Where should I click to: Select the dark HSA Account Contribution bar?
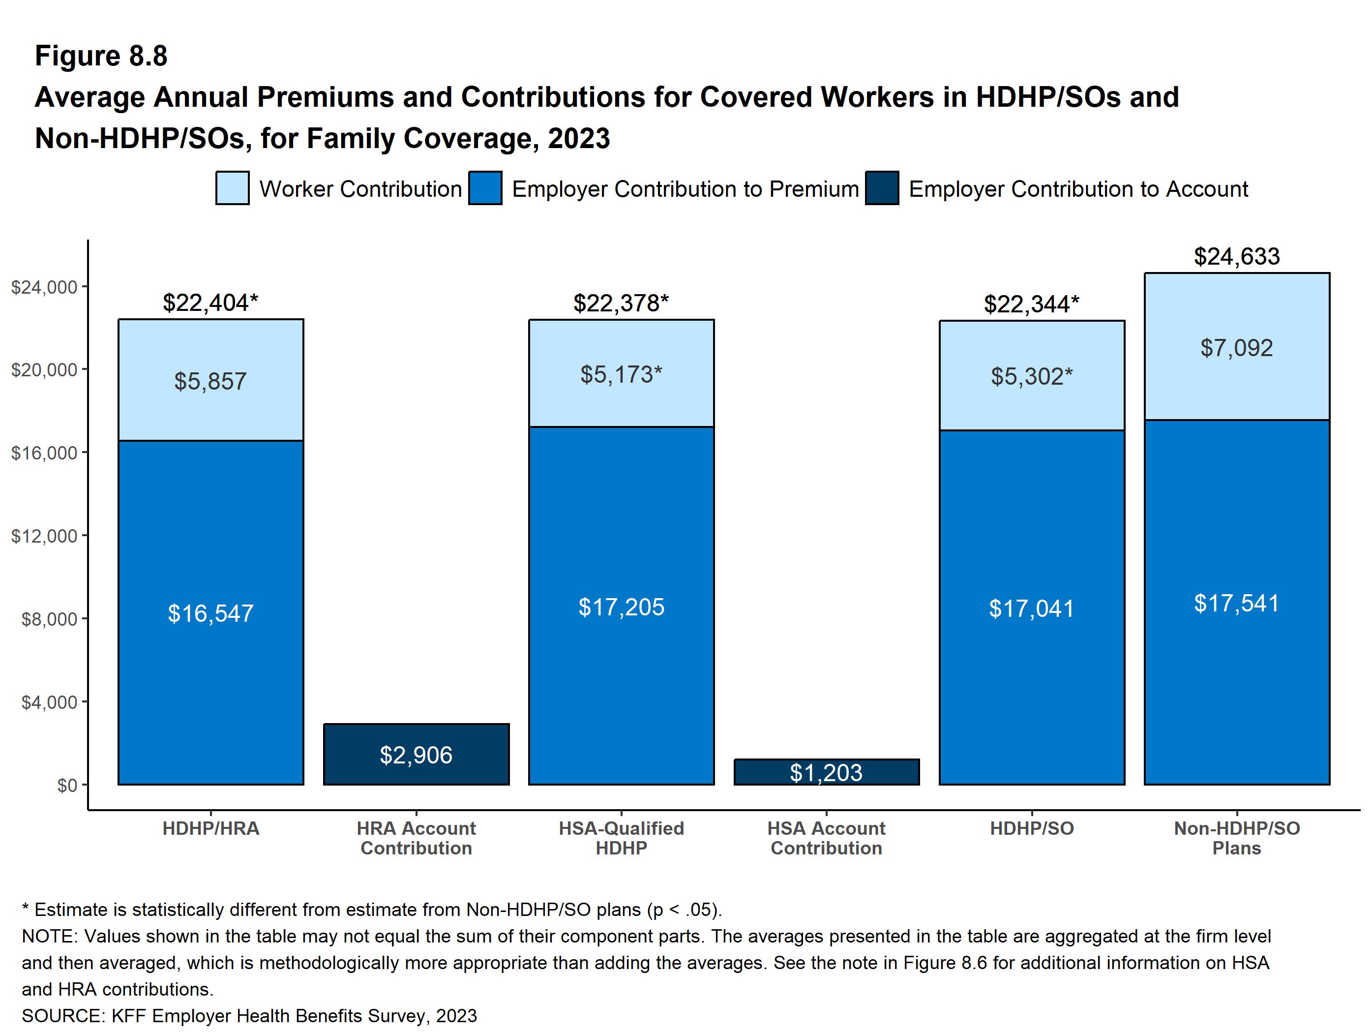[x=826, y=772]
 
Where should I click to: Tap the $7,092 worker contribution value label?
[x=1236, y=348]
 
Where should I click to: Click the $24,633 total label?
[x=1236, y=256]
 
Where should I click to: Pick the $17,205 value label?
[x=621, y=607]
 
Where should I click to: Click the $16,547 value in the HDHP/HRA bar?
[x=210, y=613]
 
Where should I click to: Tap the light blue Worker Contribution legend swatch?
[x=233, y=188]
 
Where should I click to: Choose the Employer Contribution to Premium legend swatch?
[x=485, y=188]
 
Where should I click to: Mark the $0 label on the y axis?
[x=66, y=786]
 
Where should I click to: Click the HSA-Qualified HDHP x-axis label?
[x=621, y=838]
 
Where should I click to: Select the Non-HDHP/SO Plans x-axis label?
[x=1236, y=838]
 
